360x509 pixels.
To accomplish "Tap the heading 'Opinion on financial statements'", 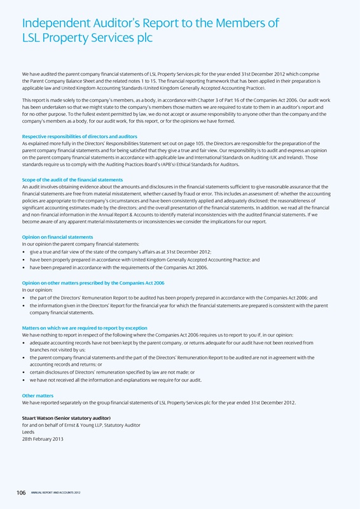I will [57, 237].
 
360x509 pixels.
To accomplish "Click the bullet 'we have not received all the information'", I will [115, 379].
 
